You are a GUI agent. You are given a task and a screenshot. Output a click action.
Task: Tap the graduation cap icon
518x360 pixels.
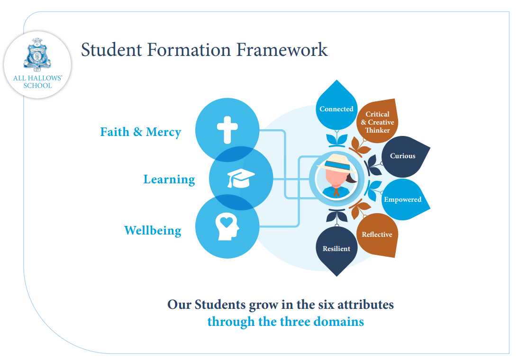(241, 178)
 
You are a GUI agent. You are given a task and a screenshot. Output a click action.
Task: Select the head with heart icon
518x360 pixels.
(227, 227)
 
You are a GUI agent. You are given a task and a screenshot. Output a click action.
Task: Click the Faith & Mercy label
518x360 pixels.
(140, 132)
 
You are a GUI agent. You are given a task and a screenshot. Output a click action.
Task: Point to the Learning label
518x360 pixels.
(169, 180)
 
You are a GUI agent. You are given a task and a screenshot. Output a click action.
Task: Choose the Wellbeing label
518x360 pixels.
(153, 231)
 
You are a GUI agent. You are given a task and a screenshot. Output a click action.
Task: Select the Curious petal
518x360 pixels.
(402, 156)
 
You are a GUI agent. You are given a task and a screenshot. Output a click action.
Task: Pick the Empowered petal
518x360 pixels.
(402, 199)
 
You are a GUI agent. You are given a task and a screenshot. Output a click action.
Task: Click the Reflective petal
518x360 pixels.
(377, 234)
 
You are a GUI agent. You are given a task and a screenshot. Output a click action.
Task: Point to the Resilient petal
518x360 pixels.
(336, 248)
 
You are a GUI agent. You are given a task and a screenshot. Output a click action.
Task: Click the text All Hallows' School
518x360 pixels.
(37, 82)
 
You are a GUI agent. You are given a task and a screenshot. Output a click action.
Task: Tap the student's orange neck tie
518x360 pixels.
(336, 192)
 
